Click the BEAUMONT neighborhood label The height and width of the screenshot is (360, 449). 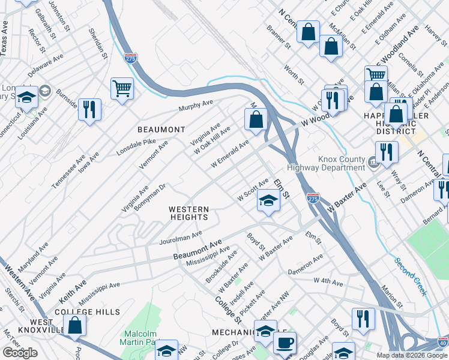point(161,130)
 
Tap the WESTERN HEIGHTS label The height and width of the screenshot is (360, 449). point(189,213)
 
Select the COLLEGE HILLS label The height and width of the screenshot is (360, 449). point(87,312)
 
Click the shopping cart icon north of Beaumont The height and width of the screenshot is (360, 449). point(122,89)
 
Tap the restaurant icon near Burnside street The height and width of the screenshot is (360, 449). point(89,109)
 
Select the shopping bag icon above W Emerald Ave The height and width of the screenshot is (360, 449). point(256,119)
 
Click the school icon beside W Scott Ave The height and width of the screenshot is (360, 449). point(269,201)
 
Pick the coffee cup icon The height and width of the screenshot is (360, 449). point(285,343)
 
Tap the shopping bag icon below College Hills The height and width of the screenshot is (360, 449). point(75,325)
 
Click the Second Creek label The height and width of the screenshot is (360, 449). point(411,276)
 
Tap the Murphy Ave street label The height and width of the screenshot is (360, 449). point(195,106)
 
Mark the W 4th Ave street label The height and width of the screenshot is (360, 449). point(328,281)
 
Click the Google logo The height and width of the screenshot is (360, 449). point(20,353)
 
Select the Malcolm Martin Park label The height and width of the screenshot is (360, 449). point(140,338)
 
